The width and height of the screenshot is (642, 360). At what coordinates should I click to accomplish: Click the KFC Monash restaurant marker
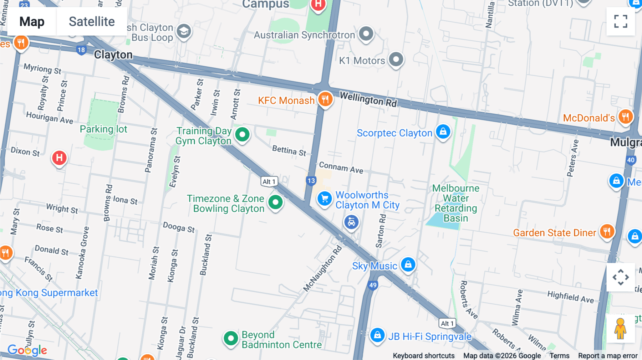click(325, 99)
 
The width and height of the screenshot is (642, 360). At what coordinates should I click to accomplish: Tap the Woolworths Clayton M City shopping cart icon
click(325, 199)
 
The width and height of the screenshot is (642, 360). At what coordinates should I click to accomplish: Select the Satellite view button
click(92, 21)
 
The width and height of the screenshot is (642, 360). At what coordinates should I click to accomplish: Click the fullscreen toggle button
click(621, 21)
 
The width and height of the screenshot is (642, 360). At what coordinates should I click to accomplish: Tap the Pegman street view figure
click(620, 329)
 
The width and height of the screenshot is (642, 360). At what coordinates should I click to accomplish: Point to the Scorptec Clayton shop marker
click(443, 132)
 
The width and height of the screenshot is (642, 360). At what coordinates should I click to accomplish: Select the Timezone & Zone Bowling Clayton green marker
click(275, 202)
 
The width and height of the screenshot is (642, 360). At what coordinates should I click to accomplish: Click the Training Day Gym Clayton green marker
click(243, 135)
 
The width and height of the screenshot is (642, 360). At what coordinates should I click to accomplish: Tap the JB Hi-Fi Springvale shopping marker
click(377, 335)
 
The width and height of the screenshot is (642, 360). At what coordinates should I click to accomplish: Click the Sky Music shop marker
click(408, 264)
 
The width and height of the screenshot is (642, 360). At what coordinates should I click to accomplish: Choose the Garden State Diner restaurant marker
click(607, 232)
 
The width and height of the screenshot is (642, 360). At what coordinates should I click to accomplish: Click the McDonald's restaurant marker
click(626, 117)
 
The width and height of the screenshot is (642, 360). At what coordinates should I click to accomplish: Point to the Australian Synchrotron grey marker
click(366, 34)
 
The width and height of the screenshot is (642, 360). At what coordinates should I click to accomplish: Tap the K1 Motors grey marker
click(396, 59)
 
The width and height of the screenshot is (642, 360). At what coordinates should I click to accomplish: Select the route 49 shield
click(373, 285)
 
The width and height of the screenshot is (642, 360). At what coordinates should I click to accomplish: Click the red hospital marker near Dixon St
click(59, 158)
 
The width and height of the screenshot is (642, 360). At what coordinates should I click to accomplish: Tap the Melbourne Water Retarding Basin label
click(456, 203)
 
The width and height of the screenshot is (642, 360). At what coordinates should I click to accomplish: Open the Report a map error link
click(608, 356)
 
